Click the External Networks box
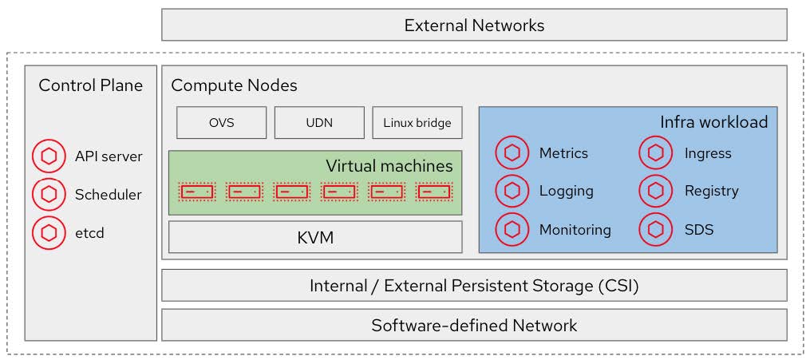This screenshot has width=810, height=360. coord(474,25)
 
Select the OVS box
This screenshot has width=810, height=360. coord(221,123)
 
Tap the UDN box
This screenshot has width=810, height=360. coord(319,123)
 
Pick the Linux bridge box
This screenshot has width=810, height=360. coord(417,123)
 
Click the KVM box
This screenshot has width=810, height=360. coord(315,237)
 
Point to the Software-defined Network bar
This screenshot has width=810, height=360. coord(474,325)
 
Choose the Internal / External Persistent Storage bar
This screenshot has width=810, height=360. coord(474,285)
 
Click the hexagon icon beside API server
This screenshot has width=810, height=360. coord(49,156)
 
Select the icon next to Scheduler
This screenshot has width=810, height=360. coord(49,194)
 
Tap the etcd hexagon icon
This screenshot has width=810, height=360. coord(49,233)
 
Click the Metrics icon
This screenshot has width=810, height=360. coord(512,152)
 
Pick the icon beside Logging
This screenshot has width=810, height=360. coord(512,191)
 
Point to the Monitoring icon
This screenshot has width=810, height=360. coord(512,230)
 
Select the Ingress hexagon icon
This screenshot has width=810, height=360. coord(656,152)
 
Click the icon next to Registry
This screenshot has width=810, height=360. coord(656,191)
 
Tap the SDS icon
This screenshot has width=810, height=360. coord(656,230)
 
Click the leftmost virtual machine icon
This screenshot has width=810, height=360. coord(197,192)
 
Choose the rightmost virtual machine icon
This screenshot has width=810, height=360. coord(434,192)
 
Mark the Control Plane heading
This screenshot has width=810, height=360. coord(91,85)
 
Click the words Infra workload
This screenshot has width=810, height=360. coord(713,122)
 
